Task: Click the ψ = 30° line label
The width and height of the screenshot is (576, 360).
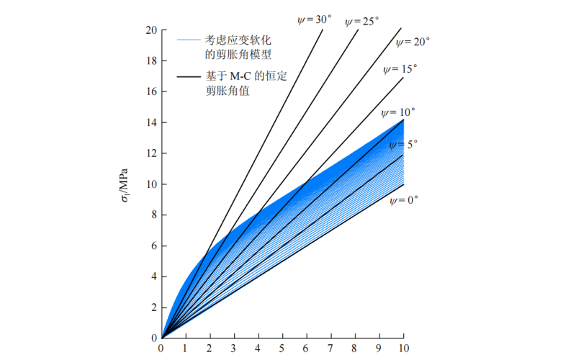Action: click(315, 19)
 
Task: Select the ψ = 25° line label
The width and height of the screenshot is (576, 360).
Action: click(361, 22)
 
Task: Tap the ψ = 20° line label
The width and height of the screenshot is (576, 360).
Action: click(413, 42)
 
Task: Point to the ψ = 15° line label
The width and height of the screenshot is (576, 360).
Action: click(400, 70)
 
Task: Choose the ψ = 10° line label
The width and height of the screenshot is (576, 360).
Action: click(398, 112)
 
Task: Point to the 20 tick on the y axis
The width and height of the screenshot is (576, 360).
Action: click(150, 30)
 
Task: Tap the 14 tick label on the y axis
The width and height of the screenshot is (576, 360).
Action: click(150, 122)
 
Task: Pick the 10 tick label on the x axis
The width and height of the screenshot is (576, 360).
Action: click(402, 349)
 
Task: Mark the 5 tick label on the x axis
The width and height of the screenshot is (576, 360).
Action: click(282, 349)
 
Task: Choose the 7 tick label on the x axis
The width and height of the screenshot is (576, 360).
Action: click(330, 349)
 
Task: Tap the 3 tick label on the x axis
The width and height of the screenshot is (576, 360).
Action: click(233, 349)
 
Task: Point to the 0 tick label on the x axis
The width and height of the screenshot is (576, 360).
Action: click(161, 349)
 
